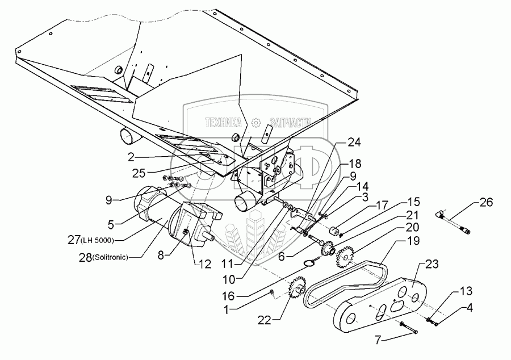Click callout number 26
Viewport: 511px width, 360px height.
coord(487,202)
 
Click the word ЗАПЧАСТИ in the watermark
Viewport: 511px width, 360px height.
coord(292,122)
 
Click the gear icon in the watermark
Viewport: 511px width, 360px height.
coord(256,122)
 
